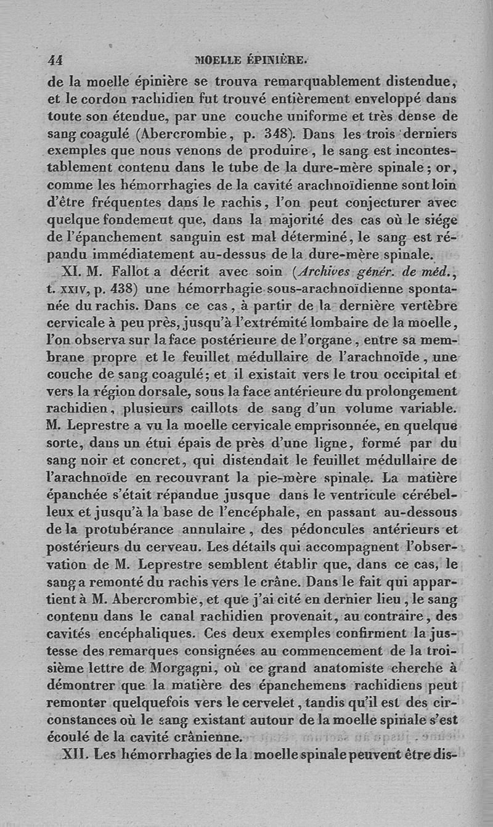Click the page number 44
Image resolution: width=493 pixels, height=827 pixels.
click(x=55, y=60)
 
